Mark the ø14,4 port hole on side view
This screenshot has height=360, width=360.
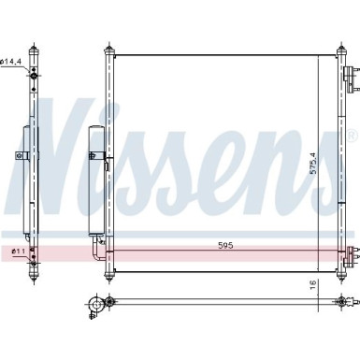[x=33, y=72]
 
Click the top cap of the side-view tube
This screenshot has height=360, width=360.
[x=34, y=46]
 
